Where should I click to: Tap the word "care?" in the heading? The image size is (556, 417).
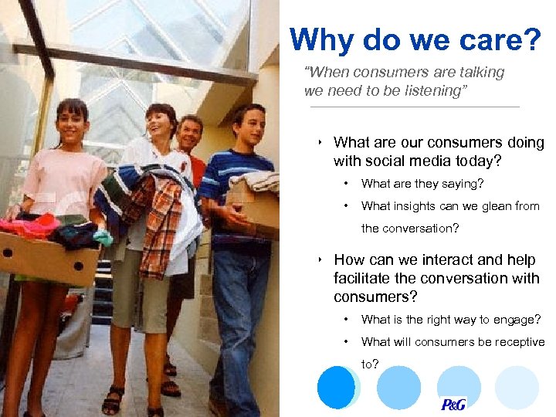point(505,40)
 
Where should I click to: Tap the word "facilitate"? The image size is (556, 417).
point(363,278)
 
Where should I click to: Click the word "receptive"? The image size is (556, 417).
point(518,341)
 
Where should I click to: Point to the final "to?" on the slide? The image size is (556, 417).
point(370,364)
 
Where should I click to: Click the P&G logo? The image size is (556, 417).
point(453,404)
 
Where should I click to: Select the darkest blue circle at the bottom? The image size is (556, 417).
point(337,387)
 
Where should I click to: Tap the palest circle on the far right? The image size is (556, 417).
point(517,387)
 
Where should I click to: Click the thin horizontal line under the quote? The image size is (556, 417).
point(415,107)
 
